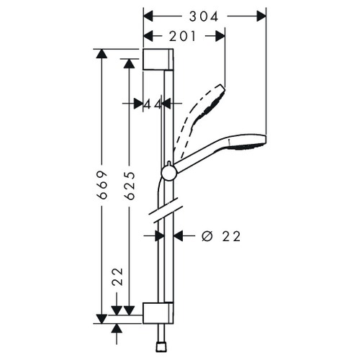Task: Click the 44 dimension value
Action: (152, 104)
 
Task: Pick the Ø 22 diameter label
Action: (220, 235)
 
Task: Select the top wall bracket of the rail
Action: (158, 60)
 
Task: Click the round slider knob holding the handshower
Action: (168, 171)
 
